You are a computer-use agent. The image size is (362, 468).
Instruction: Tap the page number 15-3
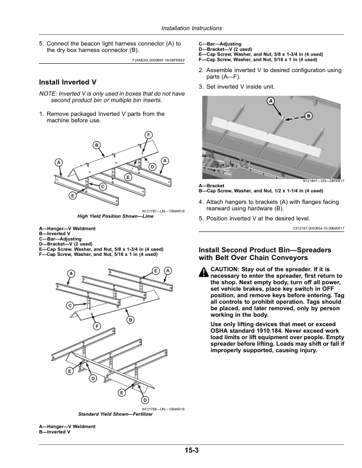pos(190,451)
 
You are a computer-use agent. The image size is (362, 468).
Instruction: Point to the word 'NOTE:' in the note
pos(48,94)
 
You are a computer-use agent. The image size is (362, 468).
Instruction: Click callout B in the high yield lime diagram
pos(95,145)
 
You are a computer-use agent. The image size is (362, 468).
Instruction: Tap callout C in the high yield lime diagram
pos(102,187)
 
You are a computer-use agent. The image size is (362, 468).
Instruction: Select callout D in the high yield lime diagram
pos(152,167)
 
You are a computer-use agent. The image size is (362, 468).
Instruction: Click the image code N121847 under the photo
pos(315,181)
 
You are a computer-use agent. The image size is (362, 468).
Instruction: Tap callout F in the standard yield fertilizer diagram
pos(96,326)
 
